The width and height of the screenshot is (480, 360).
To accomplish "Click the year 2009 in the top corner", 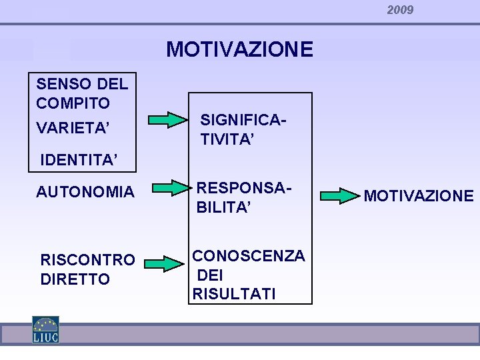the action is [400, 10].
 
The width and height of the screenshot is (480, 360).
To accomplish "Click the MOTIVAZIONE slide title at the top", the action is [239, 49].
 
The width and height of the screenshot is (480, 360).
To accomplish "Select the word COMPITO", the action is [73, 103].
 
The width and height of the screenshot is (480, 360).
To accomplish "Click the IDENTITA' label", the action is [79, 160].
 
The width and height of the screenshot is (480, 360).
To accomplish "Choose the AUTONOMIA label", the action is [85, 192].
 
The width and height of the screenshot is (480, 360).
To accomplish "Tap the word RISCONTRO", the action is [87, 259].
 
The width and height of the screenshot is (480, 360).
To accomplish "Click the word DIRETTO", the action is [75, 279].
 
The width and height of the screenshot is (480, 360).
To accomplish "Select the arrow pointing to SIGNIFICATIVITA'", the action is [168, 120].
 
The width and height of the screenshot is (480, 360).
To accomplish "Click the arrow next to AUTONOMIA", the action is [168, 189].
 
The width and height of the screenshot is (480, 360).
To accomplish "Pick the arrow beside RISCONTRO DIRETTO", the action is [163, 264].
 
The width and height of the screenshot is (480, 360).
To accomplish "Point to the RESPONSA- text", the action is [244, 189].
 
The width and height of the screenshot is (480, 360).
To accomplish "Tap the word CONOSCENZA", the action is [249, 255].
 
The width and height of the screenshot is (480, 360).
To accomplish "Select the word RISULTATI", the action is [233, 293].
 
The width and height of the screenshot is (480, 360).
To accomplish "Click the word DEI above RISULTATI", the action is [210, 275].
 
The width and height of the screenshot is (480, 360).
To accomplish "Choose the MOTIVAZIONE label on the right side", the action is [419, 196].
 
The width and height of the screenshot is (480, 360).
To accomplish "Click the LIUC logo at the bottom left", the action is [45, 329].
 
